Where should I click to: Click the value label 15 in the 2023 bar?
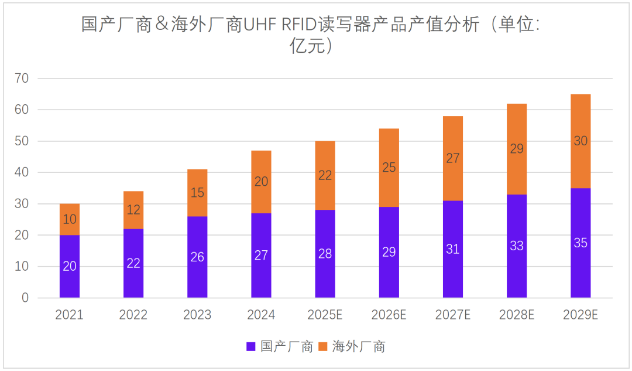(x=197, y=193)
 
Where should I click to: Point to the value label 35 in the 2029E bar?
(x=581, y=243)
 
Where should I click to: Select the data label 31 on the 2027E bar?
(x=453, y=249)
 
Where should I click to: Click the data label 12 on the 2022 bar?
(x=133, y=210)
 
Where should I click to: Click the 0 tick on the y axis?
(x=25, y=298)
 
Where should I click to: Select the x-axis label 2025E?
(x=325, y=315)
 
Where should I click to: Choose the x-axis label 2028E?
(x=517, y=315)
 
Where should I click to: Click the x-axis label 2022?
(x=133, y=315)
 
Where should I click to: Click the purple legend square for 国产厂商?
(x=251, y=346)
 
